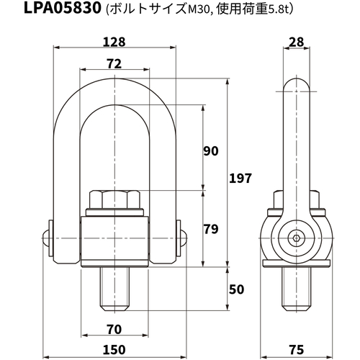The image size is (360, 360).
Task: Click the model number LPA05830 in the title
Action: [63, 8]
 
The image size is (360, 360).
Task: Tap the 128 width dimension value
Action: [114, 42]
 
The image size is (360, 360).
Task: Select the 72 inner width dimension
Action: [114, 64]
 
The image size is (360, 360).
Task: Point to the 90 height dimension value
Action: [211, 151]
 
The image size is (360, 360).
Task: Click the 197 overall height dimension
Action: [240, 178]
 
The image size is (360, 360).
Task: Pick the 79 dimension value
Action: [211, 229]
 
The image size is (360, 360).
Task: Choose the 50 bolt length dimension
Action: [236, 289]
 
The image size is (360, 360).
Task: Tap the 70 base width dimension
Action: [114, 330]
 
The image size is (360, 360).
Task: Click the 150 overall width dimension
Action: [114, 350]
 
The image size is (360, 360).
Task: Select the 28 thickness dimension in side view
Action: [297, 42]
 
